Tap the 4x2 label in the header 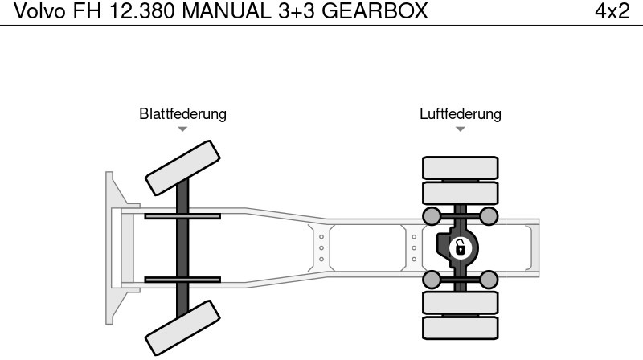click(612, 11)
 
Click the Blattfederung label click(182, 114)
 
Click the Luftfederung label click(460, 114)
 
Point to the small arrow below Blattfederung click(182, 129)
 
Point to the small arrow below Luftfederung click(460, 129)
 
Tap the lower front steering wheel click(182, 327)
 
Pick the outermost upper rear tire click(461, 167)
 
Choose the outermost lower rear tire click(461, 327)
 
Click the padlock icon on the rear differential click(460, 247)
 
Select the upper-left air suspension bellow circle click(432, 215)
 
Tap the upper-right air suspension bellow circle click(489, 215)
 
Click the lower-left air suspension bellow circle click(432, 279)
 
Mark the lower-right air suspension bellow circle click(489, 279)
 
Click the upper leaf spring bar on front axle click(182, 216)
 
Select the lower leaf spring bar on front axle click(182, 280)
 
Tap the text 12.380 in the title click(149, 11)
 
